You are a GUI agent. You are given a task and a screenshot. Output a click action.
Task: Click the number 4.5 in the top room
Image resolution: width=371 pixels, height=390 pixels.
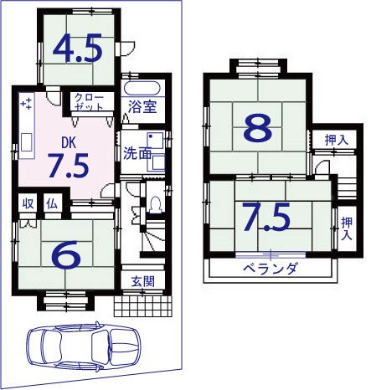pyautogui.click(x=77, y=48)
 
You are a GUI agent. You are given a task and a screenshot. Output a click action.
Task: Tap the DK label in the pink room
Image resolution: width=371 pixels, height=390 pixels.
pyautogui.click(x=69, y=143)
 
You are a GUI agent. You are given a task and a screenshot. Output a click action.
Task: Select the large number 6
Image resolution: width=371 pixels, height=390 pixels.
pyautogui.click(x=66, y=255)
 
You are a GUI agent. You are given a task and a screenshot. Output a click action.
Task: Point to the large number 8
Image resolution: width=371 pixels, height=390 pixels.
pyautogui.click(x=258, y=127)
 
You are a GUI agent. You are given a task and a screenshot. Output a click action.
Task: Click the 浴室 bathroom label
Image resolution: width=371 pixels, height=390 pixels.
pyautogui.click(x=142, y=106)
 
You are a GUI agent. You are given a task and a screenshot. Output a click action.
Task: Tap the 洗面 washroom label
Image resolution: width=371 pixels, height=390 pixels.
pyautogui.click(x=137, y=153)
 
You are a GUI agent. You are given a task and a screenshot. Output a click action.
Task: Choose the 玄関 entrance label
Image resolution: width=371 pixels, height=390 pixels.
pyautogui.click(x=142, y=282)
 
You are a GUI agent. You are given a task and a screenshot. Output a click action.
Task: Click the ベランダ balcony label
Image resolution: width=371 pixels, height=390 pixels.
pyautogui.click(x=270, y=269)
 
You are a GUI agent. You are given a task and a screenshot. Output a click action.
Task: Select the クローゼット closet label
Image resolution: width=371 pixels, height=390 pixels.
pyautogui.click(x=90, y=102)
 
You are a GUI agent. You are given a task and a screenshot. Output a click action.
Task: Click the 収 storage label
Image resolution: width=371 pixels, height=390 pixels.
pyautogui.click(x=28, y=204)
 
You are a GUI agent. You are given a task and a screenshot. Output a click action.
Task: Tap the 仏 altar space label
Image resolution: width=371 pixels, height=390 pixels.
pyautogui.click(x=52, y=204)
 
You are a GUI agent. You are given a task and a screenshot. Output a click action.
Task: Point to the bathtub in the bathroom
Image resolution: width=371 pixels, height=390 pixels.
pyautogui.click(x=142, y=89)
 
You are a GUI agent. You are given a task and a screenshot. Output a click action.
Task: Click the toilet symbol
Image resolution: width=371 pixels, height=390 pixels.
pyautogui.click(x=156, y=205)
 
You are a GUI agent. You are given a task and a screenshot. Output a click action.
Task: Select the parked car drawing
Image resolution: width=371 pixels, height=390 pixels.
pyautogui.click(x=84, y=346)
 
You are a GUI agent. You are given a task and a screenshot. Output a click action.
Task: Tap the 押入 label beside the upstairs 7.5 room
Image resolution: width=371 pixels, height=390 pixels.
pyautogui.click(x=347, y=228)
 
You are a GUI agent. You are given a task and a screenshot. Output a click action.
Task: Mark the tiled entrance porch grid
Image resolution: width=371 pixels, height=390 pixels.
pyautogui.click(x=142, y=306)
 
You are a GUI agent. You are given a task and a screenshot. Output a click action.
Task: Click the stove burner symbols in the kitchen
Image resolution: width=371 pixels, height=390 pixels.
pyautogui.click(x=27, y=104)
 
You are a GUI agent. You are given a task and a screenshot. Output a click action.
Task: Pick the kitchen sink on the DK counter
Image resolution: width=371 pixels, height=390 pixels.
pyautogui.click(x=27, y=142)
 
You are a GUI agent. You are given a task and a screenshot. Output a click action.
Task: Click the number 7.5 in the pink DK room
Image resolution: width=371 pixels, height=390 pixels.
pyautogui.click(x=69, y=166)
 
